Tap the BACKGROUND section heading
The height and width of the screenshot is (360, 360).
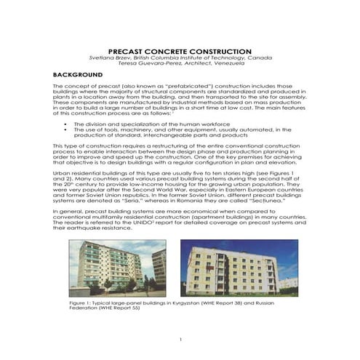tap(79, 75)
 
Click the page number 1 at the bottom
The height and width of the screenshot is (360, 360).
tap(180, 340)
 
